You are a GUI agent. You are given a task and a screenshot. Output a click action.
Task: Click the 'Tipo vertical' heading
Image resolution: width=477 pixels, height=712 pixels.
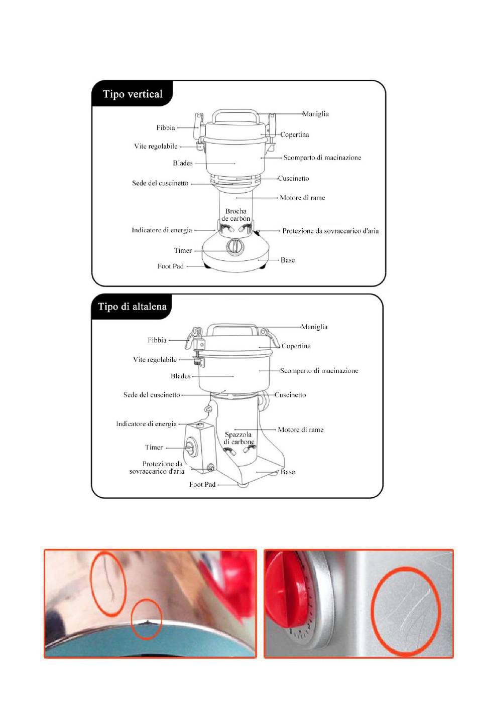[133, 94]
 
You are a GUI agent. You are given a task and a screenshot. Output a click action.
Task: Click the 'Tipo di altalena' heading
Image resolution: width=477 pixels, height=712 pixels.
[132, 307]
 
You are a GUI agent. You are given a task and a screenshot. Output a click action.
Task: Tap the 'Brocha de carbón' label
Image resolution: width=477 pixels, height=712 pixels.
[236, 215]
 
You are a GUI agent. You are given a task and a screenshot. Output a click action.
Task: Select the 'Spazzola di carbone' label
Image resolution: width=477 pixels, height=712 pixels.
[238, 438]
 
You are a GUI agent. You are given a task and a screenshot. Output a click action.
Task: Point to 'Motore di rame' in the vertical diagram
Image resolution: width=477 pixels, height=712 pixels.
[302, 198]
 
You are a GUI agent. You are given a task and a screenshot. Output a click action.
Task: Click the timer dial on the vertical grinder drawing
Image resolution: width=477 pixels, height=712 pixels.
[234, 246]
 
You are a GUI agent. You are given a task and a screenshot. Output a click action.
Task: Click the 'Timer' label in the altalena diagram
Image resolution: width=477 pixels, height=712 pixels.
[154, 447]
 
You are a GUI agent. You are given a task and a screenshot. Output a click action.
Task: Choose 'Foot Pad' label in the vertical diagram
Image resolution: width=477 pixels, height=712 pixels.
[170, 266]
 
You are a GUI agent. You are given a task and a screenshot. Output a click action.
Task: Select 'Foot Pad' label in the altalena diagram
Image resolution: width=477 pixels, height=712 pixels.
[202, 484]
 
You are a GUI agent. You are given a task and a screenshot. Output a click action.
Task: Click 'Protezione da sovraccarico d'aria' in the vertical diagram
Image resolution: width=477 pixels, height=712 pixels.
[330, 231]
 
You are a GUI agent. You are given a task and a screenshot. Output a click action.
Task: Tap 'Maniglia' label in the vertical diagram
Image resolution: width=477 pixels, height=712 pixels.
[315, 114]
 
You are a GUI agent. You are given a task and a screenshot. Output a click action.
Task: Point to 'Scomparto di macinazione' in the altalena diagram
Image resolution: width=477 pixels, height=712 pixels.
[319, 371]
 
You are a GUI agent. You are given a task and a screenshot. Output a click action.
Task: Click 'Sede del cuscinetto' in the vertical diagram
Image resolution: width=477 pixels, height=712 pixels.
[160, 183]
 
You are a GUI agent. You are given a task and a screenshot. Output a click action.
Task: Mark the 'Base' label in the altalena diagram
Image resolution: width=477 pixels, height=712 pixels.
[288, 472]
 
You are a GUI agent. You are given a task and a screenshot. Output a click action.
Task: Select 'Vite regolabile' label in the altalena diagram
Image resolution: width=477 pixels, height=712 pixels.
[155, 359]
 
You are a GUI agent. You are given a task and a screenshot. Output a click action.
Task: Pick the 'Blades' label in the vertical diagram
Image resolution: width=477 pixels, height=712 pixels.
[183, 163]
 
